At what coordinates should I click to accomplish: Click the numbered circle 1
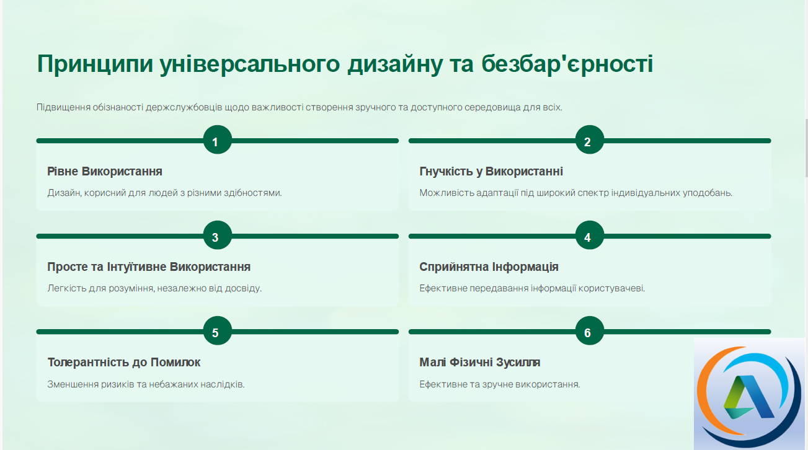pyautogui.click(x=218, y=140)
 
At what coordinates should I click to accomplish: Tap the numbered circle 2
pyautogui.click(x=590, y=140)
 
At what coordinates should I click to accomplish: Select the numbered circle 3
pyautogui.click(x=218, y=235)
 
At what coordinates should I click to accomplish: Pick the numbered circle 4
pyautogui.click(x=590, y=235)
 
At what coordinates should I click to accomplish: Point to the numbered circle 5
pyautogui.click(x=218, y=330)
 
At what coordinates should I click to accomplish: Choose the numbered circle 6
pyautogui.click(x=590, y=330)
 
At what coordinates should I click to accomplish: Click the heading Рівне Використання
pyautogui.click(x=105, y=171)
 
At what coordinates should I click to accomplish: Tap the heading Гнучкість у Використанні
pyautogui.click(x=491, y=171)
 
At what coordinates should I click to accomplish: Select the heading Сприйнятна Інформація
pyautogui.click(x=489, y=267)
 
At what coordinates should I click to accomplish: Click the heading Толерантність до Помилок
pyautogui.click(x=124, y=363)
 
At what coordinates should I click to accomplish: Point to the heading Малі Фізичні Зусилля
pyautogui.click(x=480, y=363)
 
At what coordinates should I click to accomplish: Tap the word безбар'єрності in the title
pyautogui.click(x=567, y=64)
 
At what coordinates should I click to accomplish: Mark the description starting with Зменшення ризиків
pyautogui.click(x=146, y=384)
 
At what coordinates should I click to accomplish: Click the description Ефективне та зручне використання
pyautogui.click(x=500, y=384)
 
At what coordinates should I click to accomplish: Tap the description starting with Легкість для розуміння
pyautogui.click(x=154, y=288)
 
